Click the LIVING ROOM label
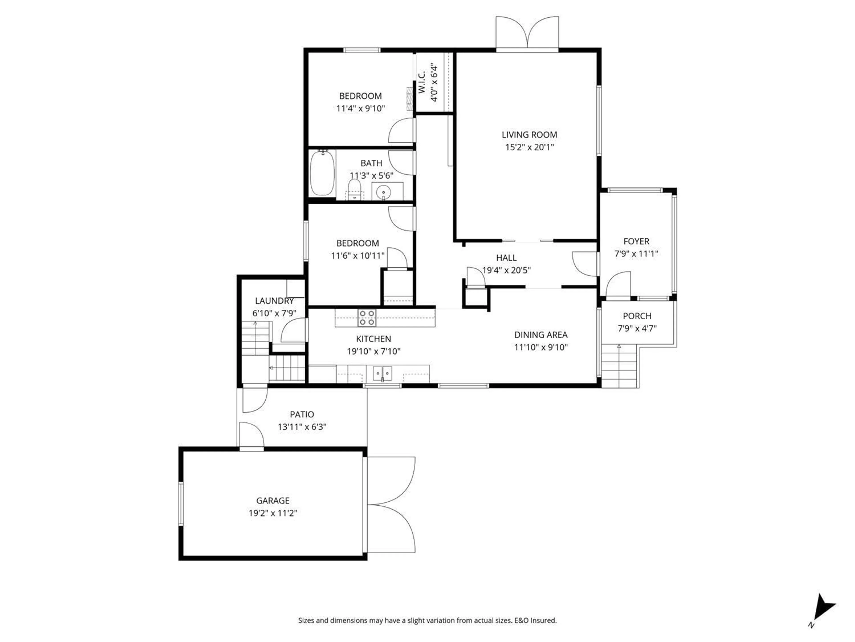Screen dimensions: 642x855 (529, 135)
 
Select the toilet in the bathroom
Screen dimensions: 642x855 (354, 190)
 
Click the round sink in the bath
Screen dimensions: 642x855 (383, 191)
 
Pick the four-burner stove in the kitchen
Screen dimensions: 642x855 (366, 317)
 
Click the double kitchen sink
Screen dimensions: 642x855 (382, 373)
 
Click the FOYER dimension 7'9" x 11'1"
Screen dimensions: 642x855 (636, 254)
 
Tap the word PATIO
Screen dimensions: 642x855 (302, 414)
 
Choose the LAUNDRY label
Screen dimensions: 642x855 (274, 301)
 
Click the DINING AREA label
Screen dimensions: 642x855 (541, 335)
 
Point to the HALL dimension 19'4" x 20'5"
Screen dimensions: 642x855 (506, 270)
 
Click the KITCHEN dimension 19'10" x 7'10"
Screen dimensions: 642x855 (373, 351)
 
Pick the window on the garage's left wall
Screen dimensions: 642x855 (181, 504)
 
